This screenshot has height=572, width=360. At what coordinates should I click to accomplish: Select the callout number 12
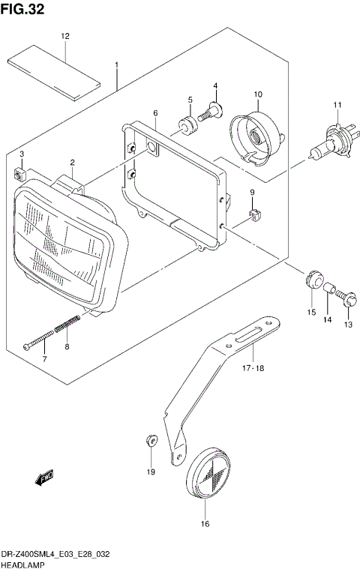tap(65, 36)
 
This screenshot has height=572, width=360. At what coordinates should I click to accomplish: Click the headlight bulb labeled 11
tap(329, 141)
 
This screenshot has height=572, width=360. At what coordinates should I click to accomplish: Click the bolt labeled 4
tap(212, 110)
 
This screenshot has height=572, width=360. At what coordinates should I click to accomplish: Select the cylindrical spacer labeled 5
tap(186, 123)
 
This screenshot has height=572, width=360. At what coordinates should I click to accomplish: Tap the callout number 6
tap(154, 114)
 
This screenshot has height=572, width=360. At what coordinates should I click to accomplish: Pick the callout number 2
tap(73, 163)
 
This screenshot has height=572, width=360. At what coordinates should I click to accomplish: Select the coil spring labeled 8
tap(67, 327)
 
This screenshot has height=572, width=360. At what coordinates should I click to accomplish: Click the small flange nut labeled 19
tap(150, 440)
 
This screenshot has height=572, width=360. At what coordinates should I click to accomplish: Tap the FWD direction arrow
tap(43, 477)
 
